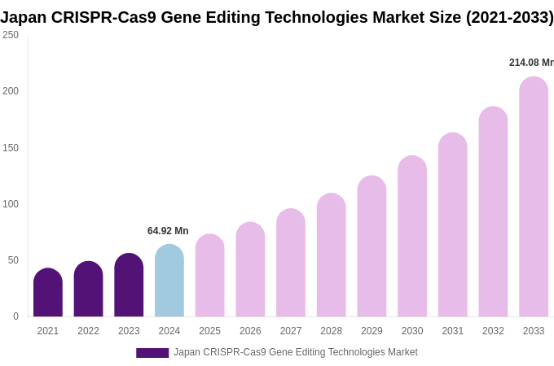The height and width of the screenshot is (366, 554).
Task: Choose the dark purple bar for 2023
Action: [129, 285]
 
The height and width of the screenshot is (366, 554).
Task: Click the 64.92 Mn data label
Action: [168, 231]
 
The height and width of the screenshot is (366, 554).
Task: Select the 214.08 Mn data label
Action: [531, 63]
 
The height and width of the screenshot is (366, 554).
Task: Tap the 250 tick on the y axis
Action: [11, 35]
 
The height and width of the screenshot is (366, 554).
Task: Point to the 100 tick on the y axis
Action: [11, 204]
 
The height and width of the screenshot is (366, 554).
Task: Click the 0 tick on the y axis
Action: [15, 316]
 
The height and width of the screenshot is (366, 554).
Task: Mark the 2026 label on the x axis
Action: [250, 331]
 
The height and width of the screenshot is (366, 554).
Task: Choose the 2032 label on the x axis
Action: [493, 331]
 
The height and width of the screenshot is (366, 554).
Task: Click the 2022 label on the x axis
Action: [88, 331]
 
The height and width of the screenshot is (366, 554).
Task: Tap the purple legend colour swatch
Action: [152, 353]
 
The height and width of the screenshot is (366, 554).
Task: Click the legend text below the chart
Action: [295, 352]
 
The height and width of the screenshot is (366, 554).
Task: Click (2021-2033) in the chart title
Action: [509, 17]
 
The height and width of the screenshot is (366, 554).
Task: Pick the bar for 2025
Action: [209, 276]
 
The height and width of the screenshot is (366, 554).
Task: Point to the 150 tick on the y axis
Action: [11, 148]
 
